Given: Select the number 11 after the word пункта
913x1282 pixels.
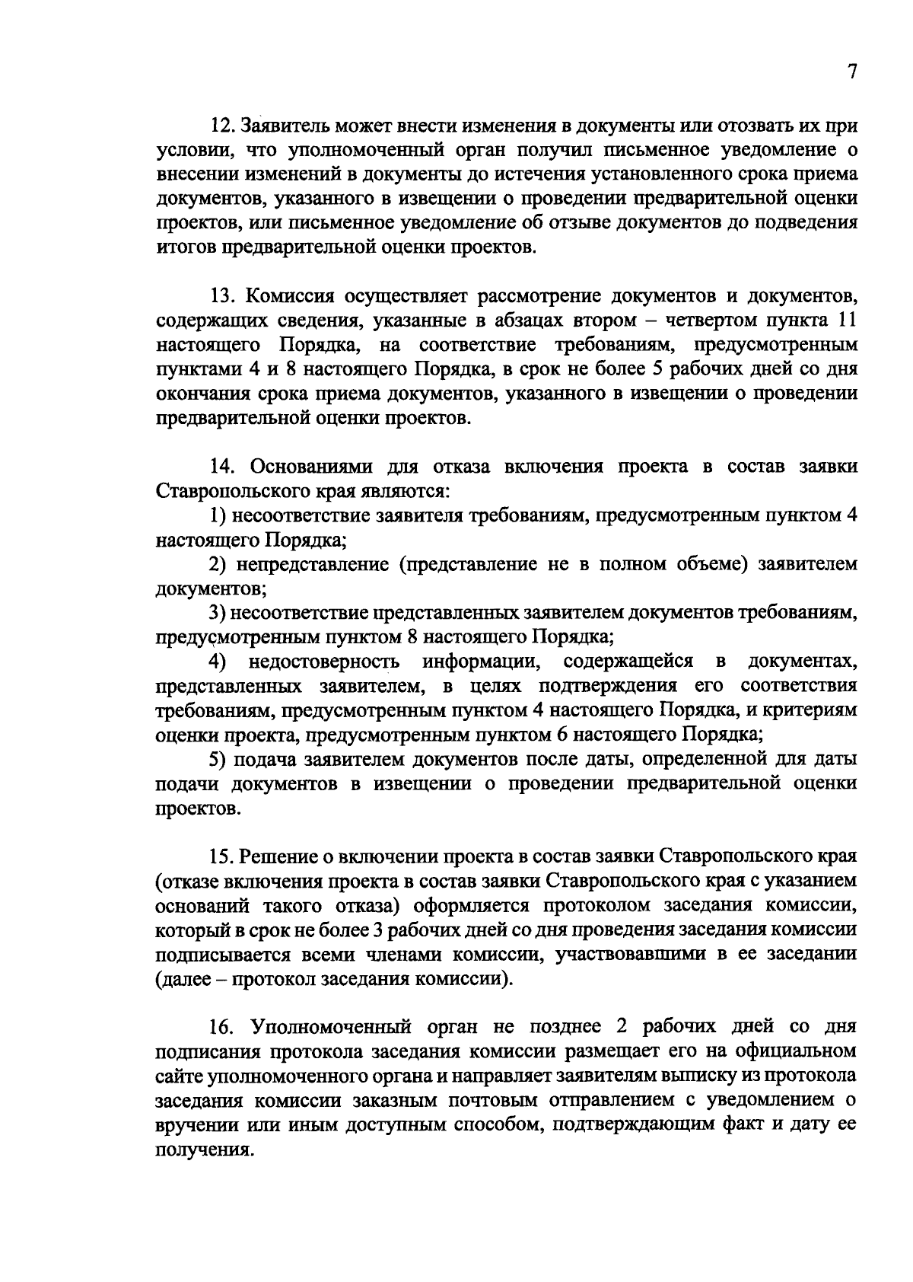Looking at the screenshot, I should pos(846,320).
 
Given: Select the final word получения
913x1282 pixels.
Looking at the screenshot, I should pos(204,1150).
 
